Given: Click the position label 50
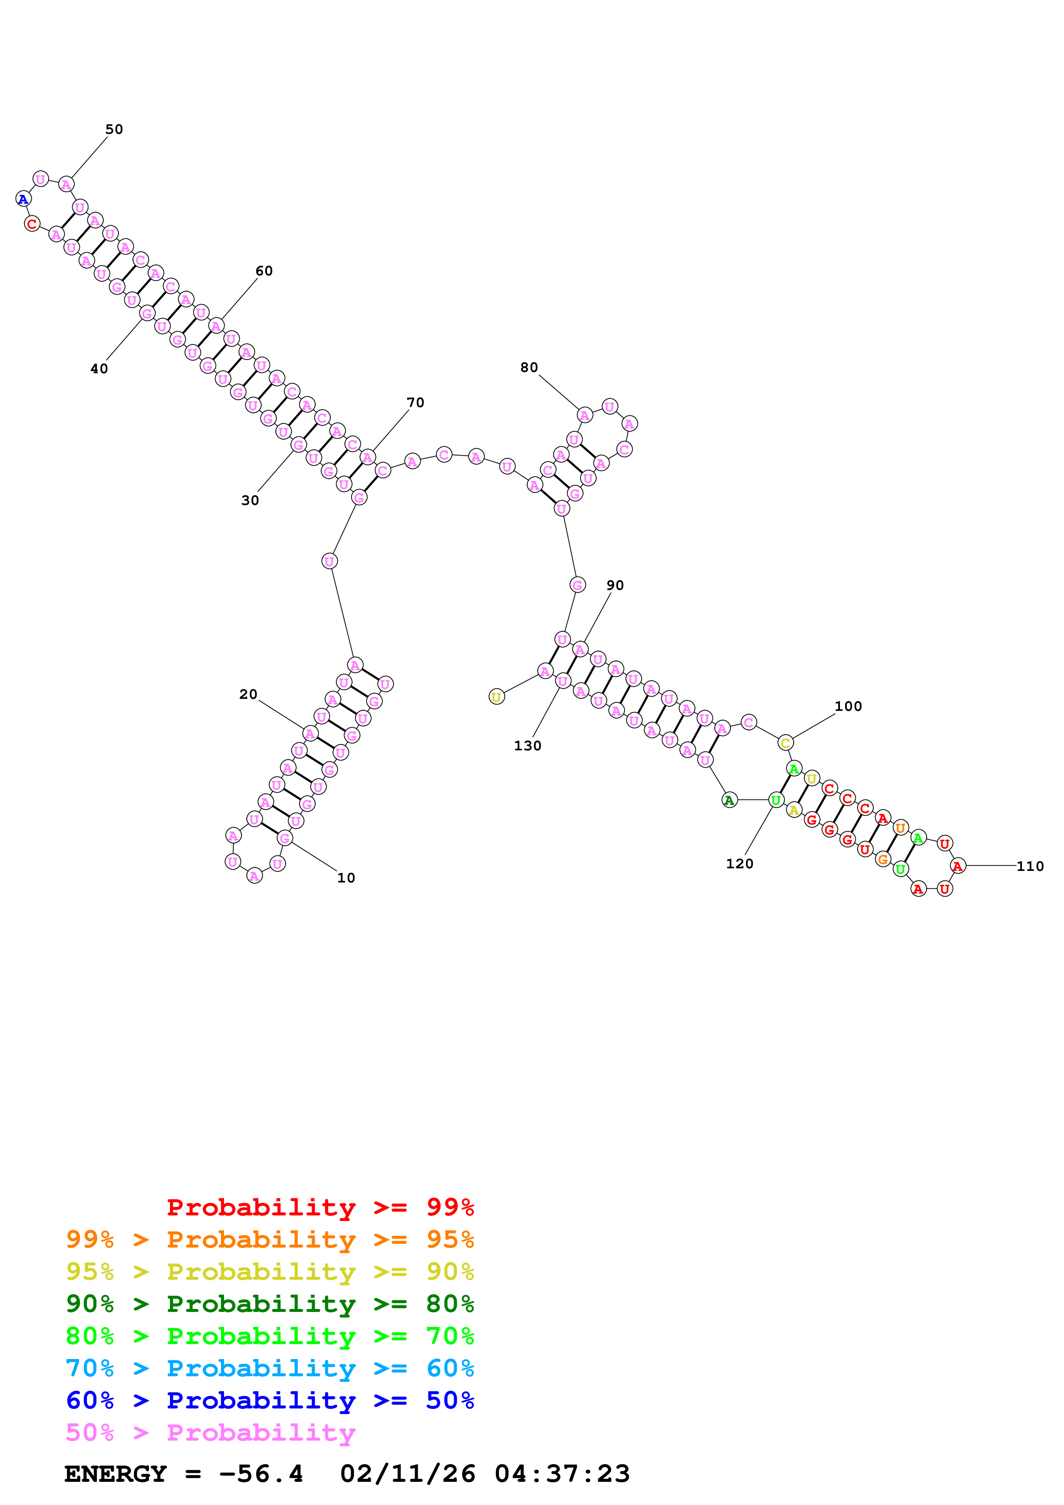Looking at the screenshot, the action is pyautogui.click(x=114, y=129).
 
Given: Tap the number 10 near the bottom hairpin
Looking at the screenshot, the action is pyautogui.click(x=346, y=878).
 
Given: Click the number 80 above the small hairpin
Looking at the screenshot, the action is pyautogui.click(x=529, y=367).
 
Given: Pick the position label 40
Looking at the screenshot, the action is pyautogui.click(x=99, y=369).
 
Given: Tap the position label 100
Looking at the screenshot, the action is pyautogui.click(x=848, y=706).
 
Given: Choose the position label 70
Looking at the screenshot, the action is pyautogui.click(x=415, y=402).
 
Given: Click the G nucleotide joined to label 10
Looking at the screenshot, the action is pyautogui.click(x=285, y=838).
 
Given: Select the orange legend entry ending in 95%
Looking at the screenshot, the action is pyautogui.click(x=270, y=1239).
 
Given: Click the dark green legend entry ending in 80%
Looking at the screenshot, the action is pyautogui.click(x=270, y=1304).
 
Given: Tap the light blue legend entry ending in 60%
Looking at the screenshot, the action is pyautogui.click(x=270, y=1368).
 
